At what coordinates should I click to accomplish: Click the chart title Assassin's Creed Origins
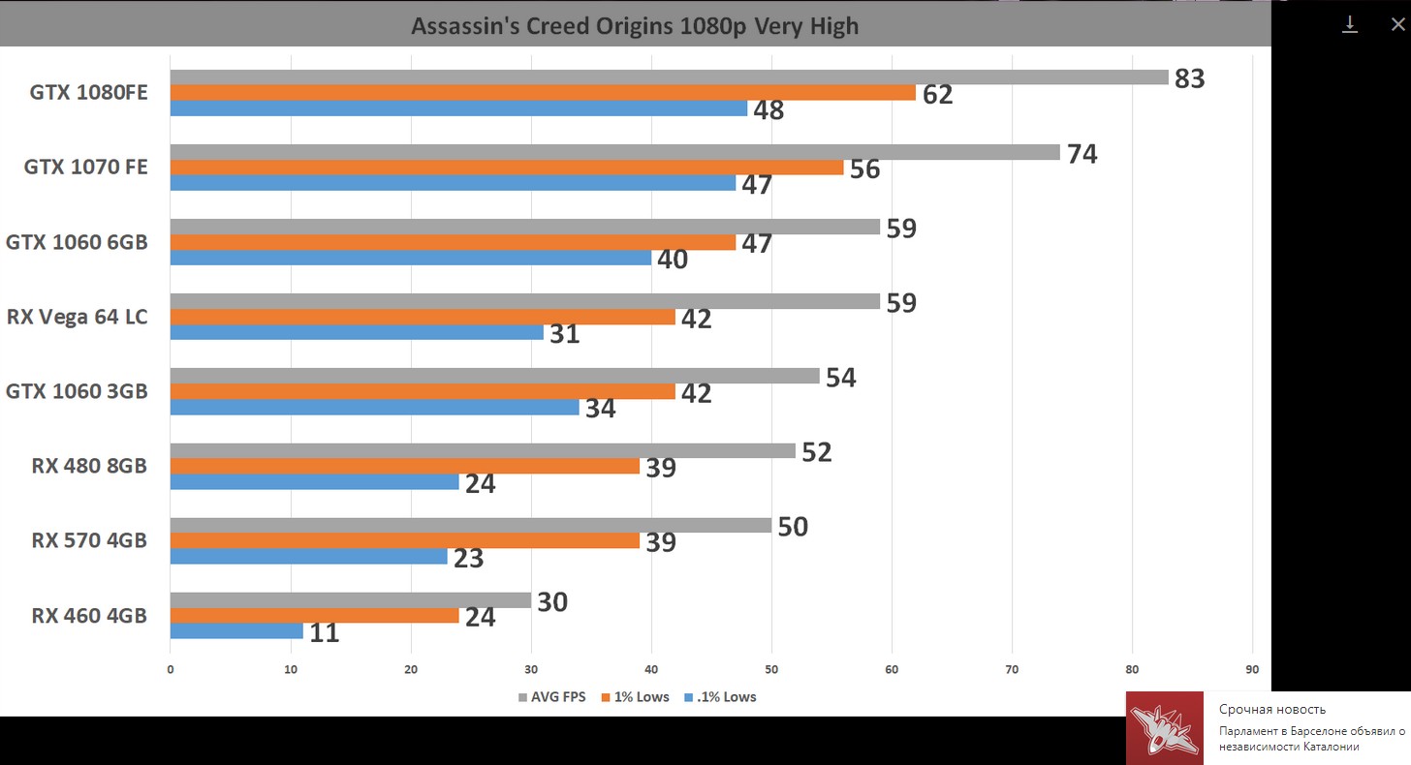635,26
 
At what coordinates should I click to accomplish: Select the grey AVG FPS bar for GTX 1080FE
669,77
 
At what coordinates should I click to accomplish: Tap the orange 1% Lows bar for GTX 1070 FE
507,168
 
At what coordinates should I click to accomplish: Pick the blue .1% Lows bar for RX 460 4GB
236,631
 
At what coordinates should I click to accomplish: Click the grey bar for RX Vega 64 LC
524,301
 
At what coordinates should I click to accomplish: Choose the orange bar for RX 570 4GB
404,540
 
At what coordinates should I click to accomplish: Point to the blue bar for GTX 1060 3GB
374,408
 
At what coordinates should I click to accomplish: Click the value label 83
1189,78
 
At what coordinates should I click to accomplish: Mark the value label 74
1082,153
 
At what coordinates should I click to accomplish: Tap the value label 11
324,633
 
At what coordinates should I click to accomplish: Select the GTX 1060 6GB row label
77,242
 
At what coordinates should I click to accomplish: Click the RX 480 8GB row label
89,466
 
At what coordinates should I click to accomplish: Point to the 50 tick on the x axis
771,669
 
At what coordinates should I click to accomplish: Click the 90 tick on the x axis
1252,669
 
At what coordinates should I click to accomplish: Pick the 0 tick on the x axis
171,669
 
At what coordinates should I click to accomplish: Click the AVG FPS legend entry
551,697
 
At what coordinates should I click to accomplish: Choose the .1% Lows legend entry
720,697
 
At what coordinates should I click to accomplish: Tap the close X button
1396,24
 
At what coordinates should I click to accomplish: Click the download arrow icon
1350,24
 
